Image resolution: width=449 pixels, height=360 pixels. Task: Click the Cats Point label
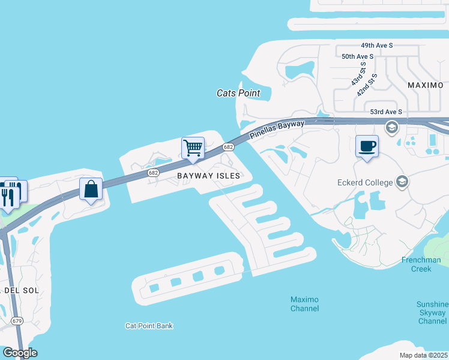tap(238, 93)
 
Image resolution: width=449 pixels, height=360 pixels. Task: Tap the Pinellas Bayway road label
tap(277, 131)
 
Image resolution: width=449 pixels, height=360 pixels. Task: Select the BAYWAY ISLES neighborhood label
tap(208, 176)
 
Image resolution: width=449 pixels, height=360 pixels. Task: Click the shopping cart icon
tap(193, 148)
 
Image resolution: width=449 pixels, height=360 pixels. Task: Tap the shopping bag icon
tap(91, 189)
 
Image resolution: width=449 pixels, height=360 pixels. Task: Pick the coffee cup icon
tap(367, 146)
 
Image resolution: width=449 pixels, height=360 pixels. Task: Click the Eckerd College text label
tap(365, 182)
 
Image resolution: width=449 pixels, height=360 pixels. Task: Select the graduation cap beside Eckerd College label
tap(402, 182)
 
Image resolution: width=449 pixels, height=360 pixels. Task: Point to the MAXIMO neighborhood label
tap(425, 85)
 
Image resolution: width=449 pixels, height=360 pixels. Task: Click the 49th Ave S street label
tap(376, 45)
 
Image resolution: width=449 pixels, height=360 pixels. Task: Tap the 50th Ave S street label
tap(357, 56)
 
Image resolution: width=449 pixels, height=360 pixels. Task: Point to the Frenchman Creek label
tap(421, 265)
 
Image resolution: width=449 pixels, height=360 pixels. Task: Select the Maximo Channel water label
tap(304, 304)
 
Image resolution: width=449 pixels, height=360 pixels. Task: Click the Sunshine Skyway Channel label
tap(432, 313)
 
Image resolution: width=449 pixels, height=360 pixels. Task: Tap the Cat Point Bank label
tap(149, 326)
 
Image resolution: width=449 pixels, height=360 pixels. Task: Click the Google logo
tap(19, 353)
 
